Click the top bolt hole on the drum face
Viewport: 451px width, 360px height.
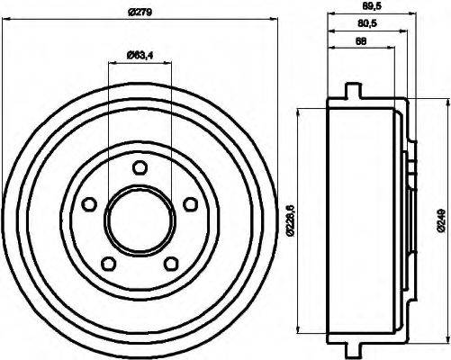139,166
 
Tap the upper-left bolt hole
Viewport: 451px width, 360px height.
86,204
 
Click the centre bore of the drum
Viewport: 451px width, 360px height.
139,221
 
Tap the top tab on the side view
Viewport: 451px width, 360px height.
353,90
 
